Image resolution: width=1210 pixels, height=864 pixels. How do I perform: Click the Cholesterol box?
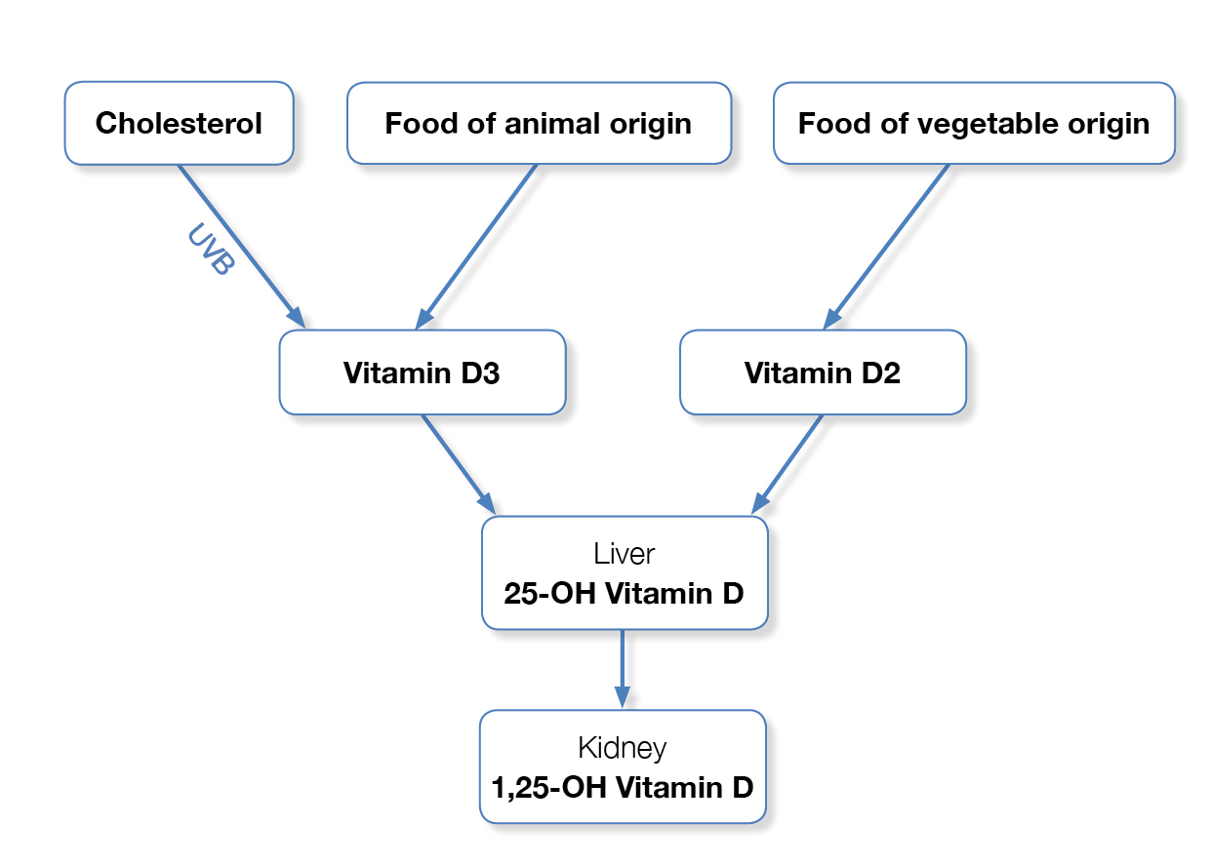pos(179,123)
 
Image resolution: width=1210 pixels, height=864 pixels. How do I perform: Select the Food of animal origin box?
pos(539,123)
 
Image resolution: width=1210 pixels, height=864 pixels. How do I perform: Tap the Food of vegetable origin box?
pos(974,123)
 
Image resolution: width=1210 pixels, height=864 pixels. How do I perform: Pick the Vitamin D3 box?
pos(423,373)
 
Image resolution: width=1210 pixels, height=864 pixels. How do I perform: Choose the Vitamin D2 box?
pos(823,373)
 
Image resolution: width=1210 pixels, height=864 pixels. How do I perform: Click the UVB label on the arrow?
pos(211,249)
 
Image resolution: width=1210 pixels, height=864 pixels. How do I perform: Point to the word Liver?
pos(624,554)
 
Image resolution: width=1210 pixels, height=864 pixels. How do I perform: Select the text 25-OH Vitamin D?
pos(624,594)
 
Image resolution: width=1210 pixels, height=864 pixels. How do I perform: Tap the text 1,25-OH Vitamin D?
pos(623,787)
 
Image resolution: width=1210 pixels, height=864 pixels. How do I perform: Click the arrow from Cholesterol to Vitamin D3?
pos(242,247)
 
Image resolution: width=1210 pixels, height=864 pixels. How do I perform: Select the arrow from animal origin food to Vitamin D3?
pos(475,247)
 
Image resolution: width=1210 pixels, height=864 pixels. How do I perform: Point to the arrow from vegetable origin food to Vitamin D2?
pos(886,247)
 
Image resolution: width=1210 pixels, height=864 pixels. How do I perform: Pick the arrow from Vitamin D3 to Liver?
pos(459,464)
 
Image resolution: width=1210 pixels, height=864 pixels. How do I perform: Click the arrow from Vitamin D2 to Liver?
pos(787,464)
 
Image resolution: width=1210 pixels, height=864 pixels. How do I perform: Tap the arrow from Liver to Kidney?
pos(623,669)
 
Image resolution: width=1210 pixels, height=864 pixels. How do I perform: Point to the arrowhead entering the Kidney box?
pos(623,697)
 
